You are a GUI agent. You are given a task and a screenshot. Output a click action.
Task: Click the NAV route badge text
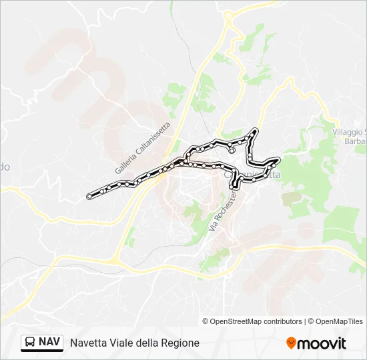tap(49, 342)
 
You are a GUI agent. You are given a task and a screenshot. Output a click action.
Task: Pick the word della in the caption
tap(149, 343)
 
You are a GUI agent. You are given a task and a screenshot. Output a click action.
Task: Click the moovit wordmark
tap(322, 343)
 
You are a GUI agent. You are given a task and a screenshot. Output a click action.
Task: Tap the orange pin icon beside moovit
tap(291, 343)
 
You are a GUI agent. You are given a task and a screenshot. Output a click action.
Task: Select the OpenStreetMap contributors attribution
tap(256, 321)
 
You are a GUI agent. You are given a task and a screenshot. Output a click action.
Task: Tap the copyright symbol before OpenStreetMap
tap(206, 321)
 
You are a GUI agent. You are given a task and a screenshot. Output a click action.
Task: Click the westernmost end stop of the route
tap(89, 196)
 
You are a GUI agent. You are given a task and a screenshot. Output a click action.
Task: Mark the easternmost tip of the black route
tap(278, 160)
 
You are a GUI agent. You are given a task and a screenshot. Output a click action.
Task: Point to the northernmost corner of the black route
tap(254, 129)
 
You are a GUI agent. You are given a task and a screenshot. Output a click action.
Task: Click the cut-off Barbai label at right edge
tap(354, 141)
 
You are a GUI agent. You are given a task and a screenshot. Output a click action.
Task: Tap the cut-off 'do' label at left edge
tap(5, 167)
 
